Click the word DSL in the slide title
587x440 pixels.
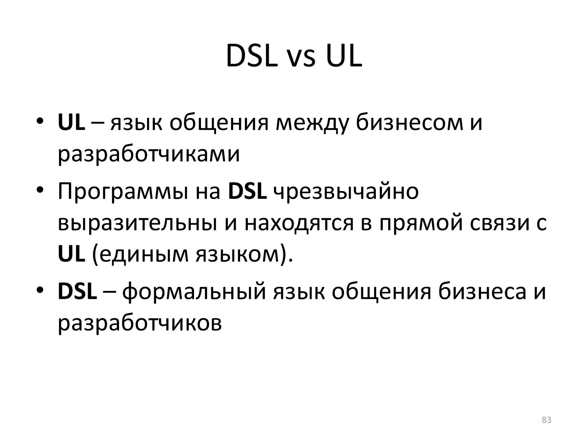tap(249, 56)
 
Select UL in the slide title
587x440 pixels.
tap(344, 56)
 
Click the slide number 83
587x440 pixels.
tap(547, 420)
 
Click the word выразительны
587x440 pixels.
tap(137, 224)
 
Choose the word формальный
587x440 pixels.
tap(194, 292)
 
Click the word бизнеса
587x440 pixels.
tap(482, 291)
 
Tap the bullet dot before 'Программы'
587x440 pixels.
tap(40, 190)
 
